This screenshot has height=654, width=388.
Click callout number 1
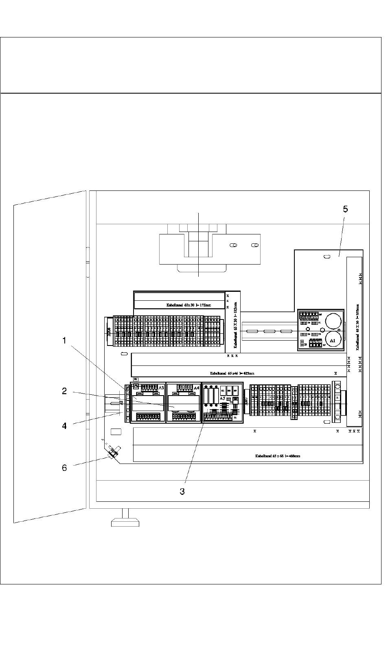pyautogui.click(x=64, y=341)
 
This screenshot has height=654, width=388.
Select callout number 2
pyautogui.click(x=64, y=391)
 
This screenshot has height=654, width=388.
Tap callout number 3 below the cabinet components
pyautogui.click(x=182, y=491)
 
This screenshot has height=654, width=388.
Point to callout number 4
pyautogui.click(x=64, y=426)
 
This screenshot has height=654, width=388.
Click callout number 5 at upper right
pyautogui.click(x=345, y=209)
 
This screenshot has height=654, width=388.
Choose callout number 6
pyautogui.click(x=64, y=468)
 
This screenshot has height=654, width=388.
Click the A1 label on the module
pyautogui.click(x=333, y=340)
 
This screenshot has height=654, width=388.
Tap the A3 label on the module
pyautogui.click(x=161, y=388)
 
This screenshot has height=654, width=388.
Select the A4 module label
pyautogui.click(x=197, y=388)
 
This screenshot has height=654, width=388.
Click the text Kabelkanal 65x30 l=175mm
pyautogui.click(x=189, y=304)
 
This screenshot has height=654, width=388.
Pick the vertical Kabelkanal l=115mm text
pyautogui.click(x=235, y=327)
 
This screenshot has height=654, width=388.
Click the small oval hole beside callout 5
pyautogui.click(x=327, y=256)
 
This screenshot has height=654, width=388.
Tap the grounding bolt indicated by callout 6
pyautogui.click(x=113, y=453)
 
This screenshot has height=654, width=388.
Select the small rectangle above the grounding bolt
pyautogui.click(x=116, y=431)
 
